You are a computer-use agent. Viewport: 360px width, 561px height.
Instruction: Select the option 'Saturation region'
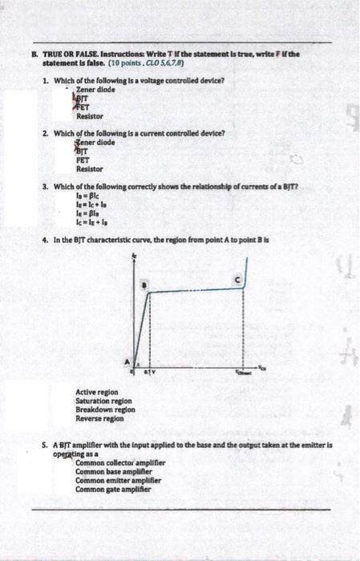tap(105, 400)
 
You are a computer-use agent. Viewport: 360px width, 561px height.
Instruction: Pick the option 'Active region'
tap(96, 391)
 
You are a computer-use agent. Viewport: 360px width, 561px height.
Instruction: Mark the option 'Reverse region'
tap(100, 418)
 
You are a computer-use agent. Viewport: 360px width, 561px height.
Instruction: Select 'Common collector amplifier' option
tap(115, 462)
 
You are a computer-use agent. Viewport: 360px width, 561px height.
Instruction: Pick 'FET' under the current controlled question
tap(82, 159)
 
